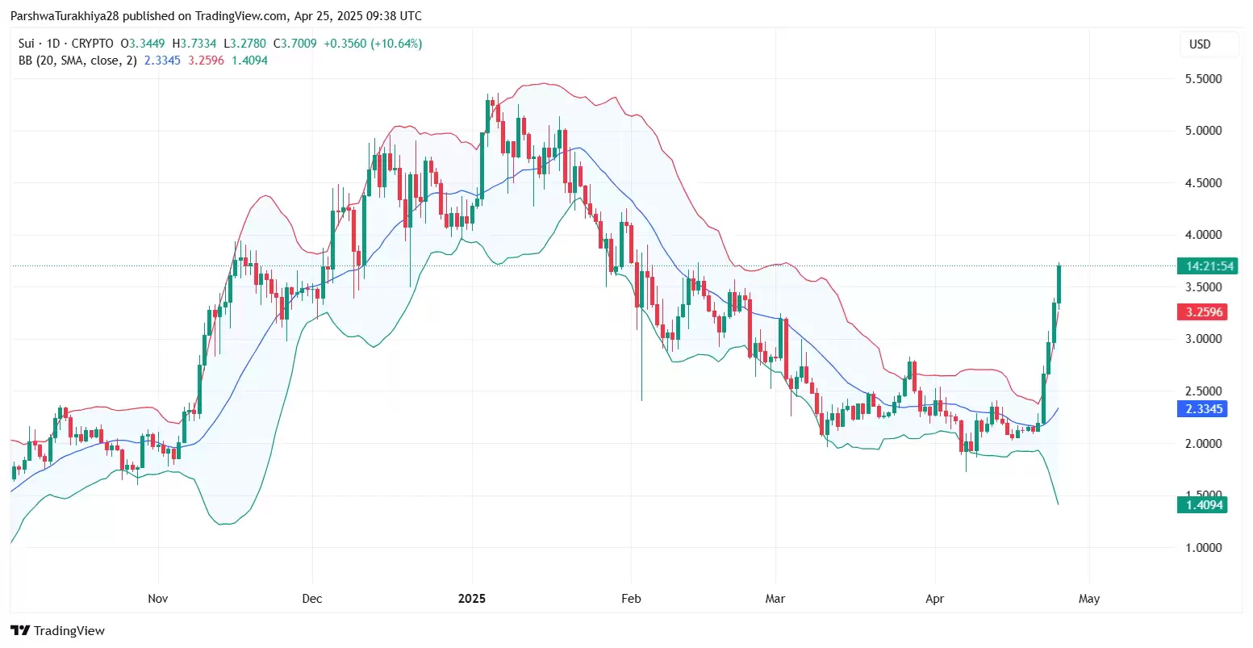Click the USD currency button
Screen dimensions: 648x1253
point(1200,44)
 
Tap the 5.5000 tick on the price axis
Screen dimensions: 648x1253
point(1203,79)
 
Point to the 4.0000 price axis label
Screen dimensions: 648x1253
point(1203,235)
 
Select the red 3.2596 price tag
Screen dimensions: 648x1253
point(1201,312)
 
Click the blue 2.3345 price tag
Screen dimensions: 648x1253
point(1201,409)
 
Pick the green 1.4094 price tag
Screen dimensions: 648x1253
point(1201,505)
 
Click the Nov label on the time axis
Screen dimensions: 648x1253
point(158,599)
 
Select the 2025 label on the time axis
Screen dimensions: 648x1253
point(472,599)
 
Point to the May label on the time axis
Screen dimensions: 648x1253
point(1089,599)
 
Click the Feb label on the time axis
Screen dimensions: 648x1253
point(631,599)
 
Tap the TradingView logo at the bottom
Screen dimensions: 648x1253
point(58,631)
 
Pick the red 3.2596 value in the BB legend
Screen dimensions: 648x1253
point(206,61)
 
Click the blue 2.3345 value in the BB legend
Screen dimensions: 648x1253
point(162,61)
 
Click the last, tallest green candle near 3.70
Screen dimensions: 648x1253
point(1059,284)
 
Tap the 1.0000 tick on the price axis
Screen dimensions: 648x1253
point(1203,547)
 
